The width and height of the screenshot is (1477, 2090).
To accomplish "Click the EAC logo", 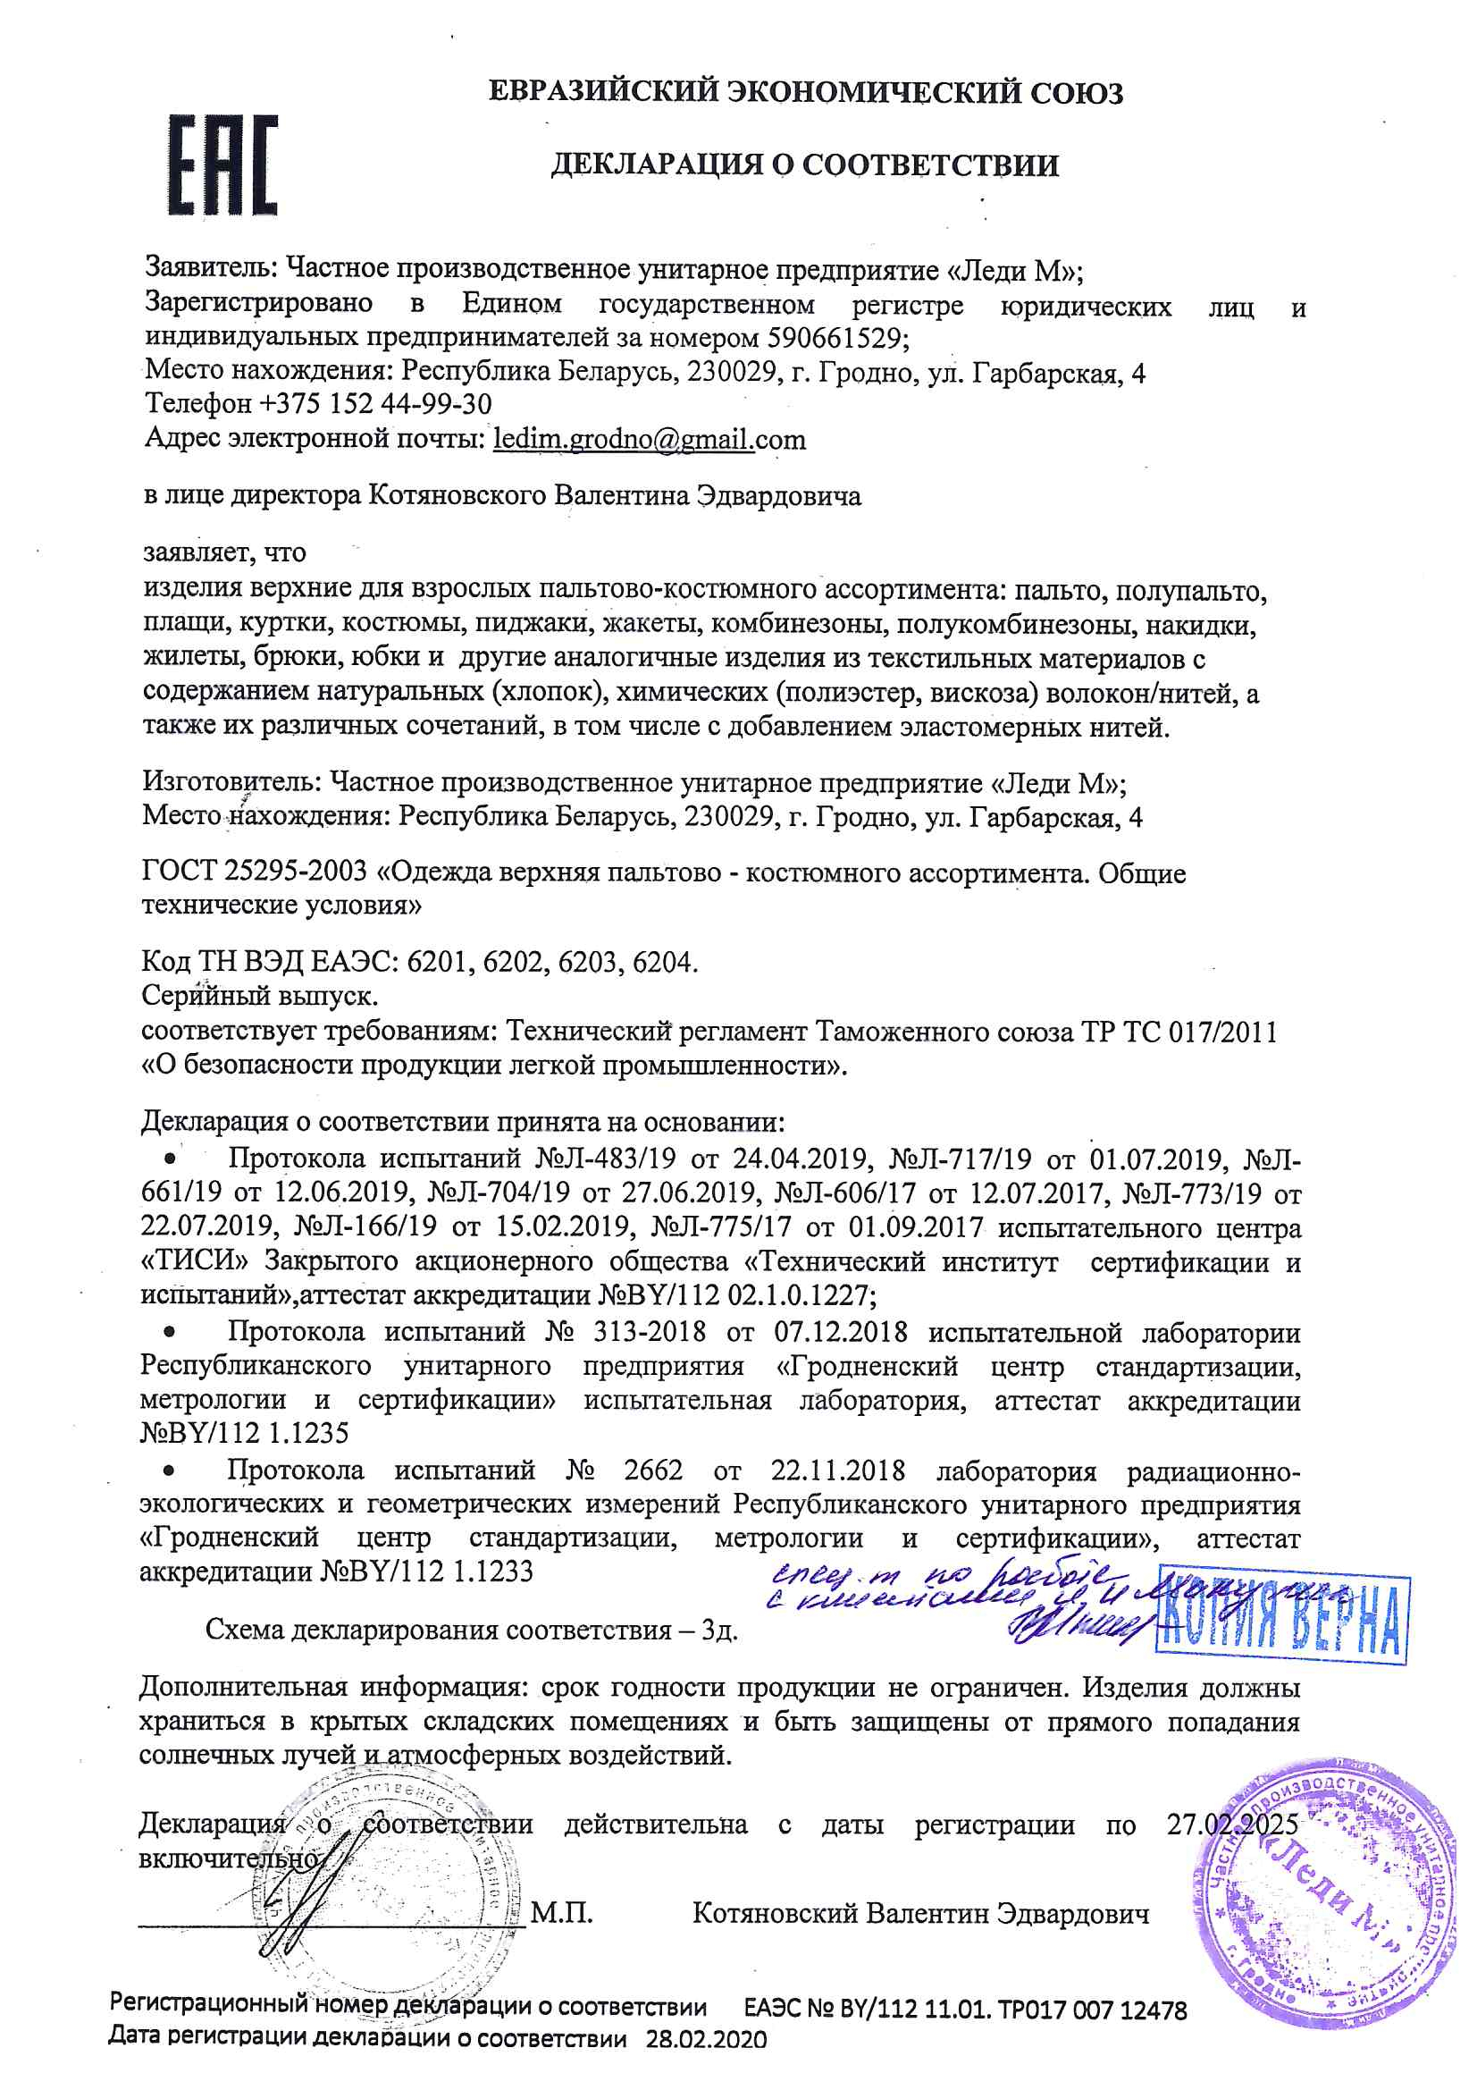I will pos(222,164).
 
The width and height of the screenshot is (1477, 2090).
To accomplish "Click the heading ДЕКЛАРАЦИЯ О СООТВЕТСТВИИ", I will pos(804,164).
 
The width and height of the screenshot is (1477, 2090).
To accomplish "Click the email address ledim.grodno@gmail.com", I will pos(649,440).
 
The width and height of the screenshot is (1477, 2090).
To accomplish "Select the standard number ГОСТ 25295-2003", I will pos(254,872).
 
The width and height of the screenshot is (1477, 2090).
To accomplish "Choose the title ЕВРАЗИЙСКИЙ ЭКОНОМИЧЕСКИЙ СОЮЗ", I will pos(805,93).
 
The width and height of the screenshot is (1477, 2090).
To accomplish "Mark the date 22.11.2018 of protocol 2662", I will pos(837,1471).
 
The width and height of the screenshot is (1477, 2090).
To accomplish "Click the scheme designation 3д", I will pos(718,1630).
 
